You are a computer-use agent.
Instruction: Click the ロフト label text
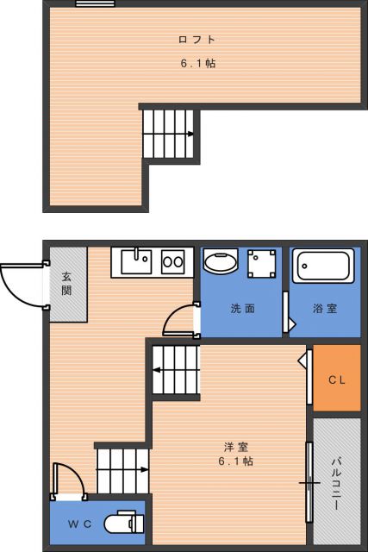click(196, 40)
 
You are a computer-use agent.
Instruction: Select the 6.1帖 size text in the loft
click(197, 63)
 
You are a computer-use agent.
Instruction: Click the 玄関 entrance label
click(66, 284)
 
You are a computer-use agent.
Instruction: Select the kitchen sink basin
click(136, 261)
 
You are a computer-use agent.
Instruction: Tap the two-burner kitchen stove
click(172, 261)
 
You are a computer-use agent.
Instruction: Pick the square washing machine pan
click(261, 263)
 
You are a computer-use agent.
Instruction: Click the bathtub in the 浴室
click(323, 267)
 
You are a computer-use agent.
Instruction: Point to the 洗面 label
click(241, 308)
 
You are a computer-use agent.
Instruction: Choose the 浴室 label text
click(325, 308)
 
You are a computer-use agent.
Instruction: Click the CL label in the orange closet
click(336, 379)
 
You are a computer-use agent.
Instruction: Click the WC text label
click(79, 524)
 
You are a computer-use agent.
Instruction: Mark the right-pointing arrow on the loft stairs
click(190, 134)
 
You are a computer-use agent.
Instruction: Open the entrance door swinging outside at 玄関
click(22, 285)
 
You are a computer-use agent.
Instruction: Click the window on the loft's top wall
click(95, 3)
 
